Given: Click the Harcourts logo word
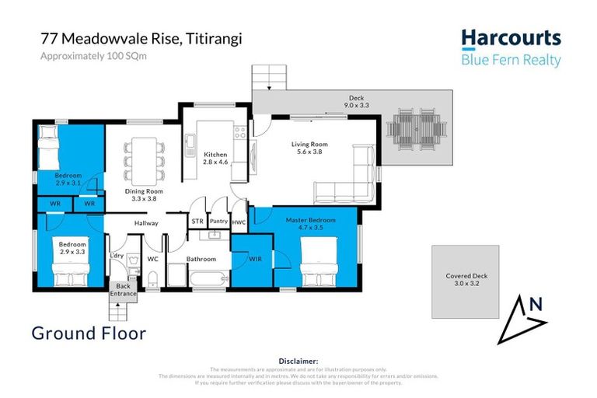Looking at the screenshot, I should point(510,38).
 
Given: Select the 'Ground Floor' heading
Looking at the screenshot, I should point(89,333).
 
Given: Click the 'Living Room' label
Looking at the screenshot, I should point(309,145).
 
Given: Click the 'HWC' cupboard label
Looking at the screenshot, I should point(239,222).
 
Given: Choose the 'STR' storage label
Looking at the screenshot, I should point(197,221).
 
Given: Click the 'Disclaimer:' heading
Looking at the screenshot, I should point(298,361).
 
